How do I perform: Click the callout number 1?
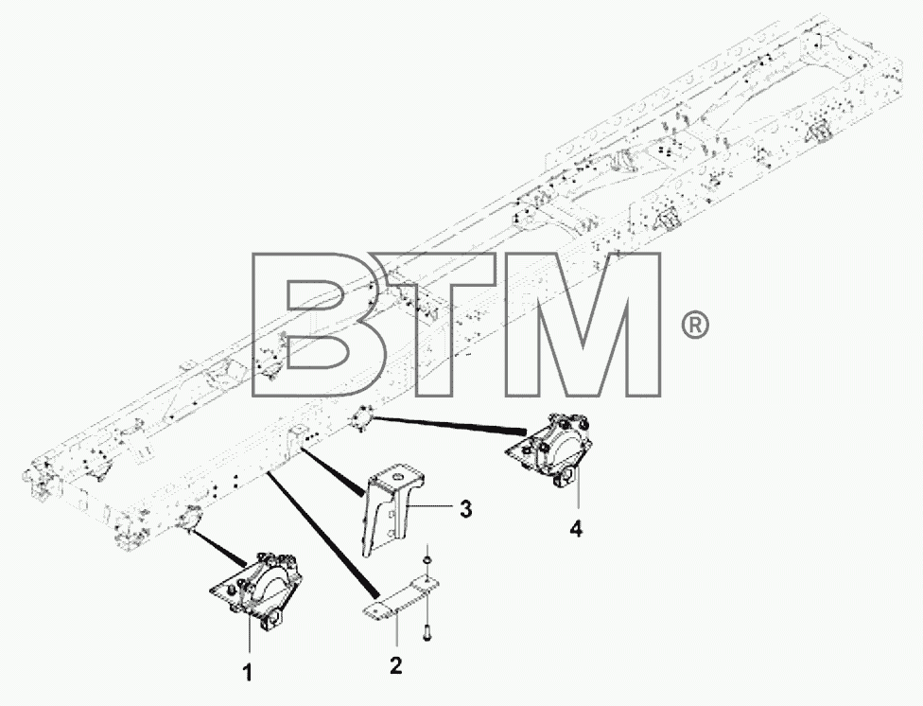click(x=248, y=672)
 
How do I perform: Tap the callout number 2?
click(x=395, y=665)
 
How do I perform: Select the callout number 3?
click(x=465, y=508)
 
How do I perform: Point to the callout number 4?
click(x=576, y=529)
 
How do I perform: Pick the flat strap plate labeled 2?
click(x=401, y=598)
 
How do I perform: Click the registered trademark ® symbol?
click(x=694, y=326)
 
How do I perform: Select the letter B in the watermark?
click(x=317, y=325)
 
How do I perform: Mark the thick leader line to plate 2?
click(x=322, y=534)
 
